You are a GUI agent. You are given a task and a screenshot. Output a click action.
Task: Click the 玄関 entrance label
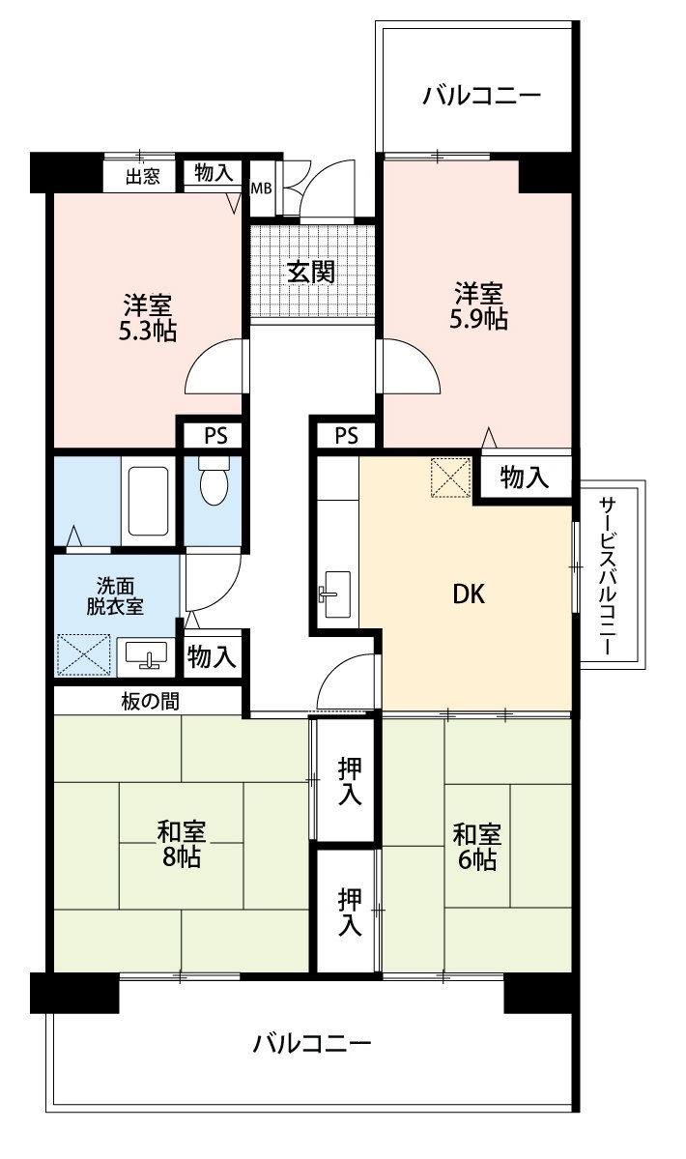[x=311, y=272]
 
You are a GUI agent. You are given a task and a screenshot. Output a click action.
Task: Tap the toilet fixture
[x=214, y=480]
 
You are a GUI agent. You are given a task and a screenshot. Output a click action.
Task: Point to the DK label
[x=469, y=593]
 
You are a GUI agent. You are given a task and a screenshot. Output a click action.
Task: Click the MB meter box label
[x=262, y=188]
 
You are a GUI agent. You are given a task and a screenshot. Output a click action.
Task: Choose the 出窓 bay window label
[x=143, y=177]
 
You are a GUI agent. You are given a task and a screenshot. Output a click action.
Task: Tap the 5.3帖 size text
[x=148, y=331]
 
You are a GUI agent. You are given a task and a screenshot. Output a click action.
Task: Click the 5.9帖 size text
[x=478, y=319]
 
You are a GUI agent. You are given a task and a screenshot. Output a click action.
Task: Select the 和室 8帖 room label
[x=181, y=844]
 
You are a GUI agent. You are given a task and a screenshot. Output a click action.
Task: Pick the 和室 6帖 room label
[x=476, y=847]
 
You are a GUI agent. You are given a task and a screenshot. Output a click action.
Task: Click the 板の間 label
[x=149, y=701]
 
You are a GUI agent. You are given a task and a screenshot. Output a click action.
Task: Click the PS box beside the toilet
[x=215, y=436]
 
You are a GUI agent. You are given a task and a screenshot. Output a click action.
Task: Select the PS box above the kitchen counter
[x=346, y=435]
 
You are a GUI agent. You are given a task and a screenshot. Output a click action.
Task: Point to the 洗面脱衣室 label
[x=115, y=596]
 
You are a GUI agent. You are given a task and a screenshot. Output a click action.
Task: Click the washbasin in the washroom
[x=146, y=653]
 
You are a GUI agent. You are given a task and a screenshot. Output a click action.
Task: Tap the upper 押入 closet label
[x=350, y=781]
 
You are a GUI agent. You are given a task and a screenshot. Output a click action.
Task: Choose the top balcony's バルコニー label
[x=482, y=96]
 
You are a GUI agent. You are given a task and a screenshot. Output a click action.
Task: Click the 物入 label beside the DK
[x=525, y=478]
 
